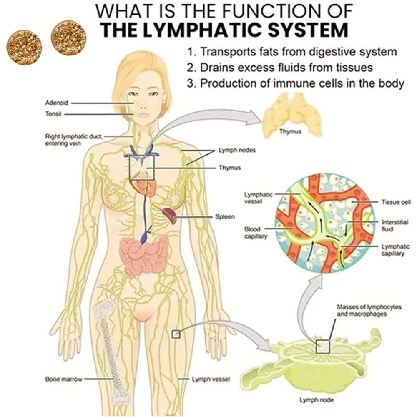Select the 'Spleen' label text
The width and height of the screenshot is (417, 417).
click(x=225, y=217)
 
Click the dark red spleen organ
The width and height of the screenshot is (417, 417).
click(x=170, y=214)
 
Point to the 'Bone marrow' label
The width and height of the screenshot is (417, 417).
click(x=64, y=379)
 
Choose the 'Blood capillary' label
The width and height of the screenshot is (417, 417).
click(x=253, y=233)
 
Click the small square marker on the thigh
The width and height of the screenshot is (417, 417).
click(x=176, y=334)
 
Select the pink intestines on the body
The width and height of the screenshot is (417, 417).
click(x=144, y=254)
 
